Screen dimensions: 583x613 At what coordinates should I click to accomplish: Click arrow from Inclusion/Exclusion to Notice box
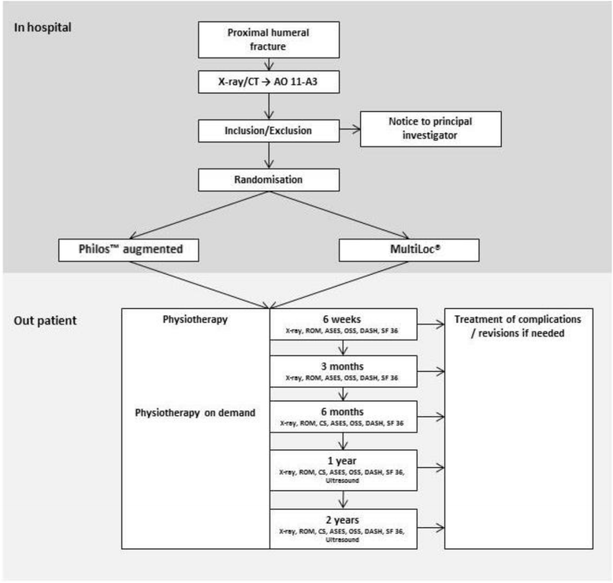(x=340, y=130)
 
